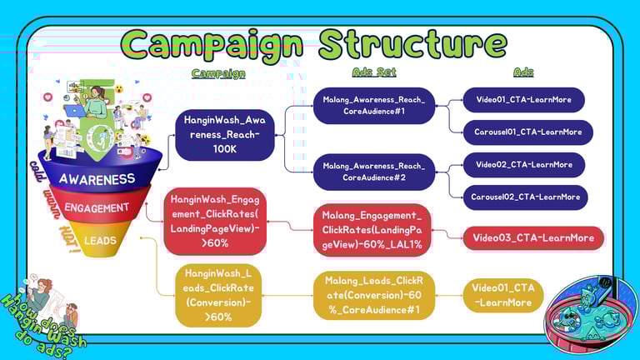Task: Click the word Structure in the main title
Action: (x=412, y=42)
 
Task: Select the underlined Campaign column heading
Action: (x=218, y=73)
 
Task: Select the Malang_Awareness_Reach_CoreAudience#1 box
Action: (x=373, y=106)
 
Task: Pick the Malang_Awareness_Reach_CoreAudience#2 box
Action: (x=373, y=171)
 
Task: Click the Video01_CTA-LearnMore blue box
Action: (x=523, y=100)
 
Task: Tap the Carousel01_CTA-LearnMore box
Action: (x=527, y=132)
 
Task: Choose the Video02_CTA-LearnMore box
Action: (x=523, y=165)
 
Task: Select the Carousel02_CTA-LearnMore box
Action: (x=527, y=197)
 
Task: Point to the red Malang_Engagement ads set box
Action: (x=373, y=227)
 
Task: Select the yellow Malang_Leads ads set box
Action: (x=373, y=295)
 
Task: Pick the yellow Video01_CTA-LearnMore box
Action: (x=502, y=295)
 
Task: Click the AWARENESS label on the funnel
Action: (x=97, y=178)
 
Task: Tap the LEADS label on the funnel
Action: (x=99, y=240)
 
